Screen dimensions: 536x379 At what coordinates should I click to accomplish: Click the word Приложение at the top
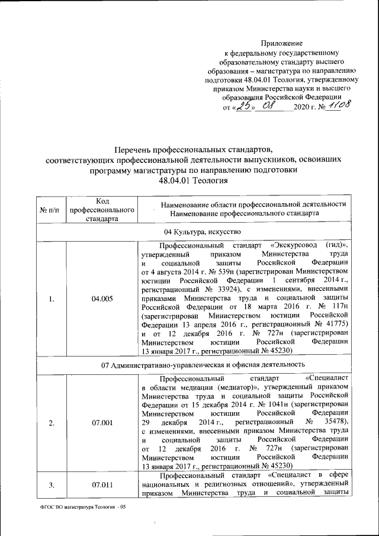(282, 43)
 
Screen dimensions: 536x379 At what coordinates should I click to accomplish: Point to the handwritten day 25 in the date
(243, 106)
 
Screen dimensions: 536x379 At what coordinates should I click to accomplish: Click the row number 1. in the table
(52, 299)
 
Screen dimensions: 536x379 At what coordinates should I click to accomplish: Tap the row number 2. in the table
(52, 422)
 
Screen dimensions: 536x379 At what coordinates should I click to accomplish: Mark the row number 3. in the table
(52, 485)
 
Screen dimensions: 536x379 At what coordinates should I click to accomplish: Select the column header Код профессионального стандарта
(102, 210)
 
